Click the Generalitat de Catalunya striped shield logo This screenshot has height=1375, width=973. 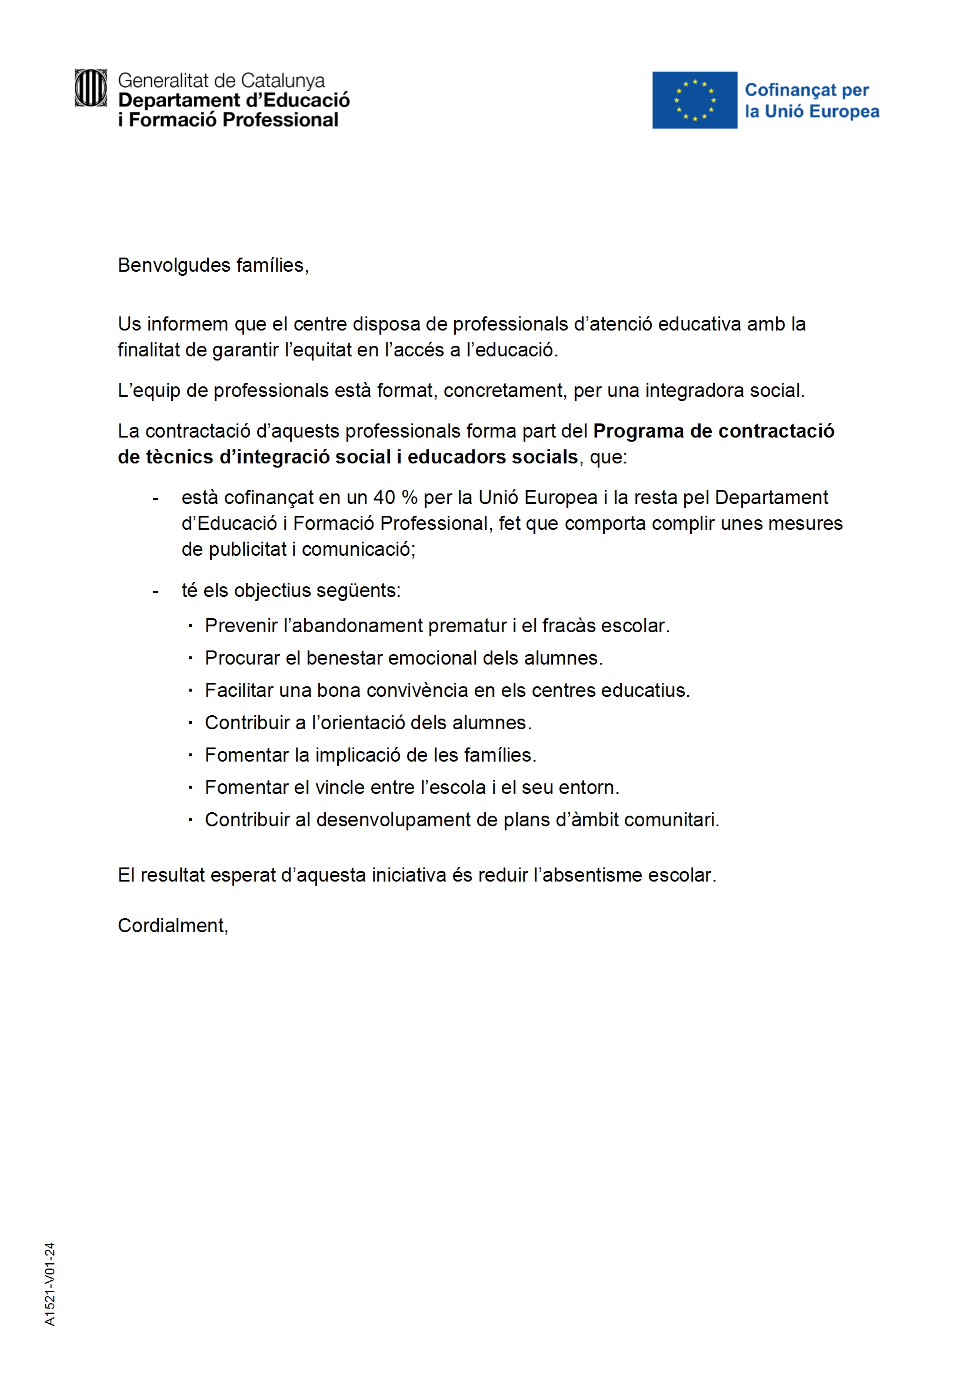coord(91,88)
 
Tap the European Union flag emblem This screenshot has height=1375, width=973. coord(694,100)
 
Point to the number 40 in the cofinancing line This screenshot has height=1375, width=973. coord(384,497)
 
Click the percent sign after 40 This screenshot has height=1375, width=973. coord(409,497)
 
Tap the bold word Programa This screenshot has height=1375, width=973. coord(639,430)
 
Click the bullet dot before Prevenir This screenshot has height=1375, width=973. coord(190,626)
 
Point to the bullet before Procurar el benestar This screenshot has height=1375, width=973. coord(190,658)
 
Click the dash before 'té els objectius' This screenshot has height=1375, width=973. coord(156,591)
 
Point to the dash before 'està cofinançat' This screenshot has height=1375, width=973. coord(156,498)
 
